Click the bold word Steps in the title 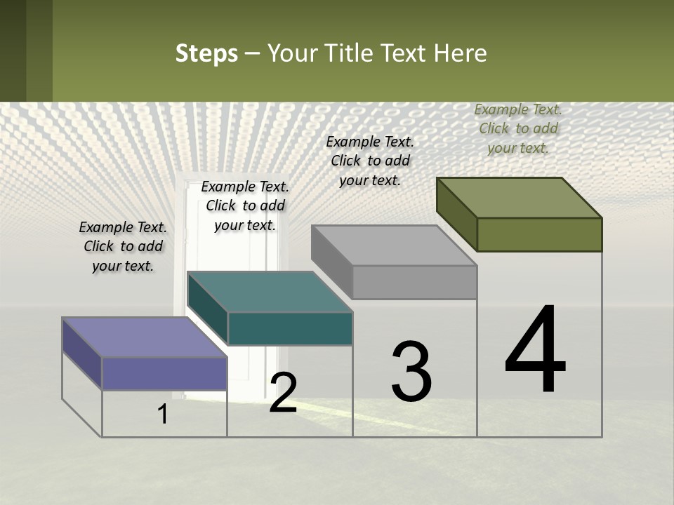206,53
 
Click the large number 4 535,351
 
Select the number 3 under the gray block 411,372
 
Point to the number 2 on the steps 283,393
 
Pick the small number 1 163,414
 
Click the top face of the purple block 144,337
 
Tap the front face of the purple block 164,373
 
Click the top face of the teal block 269,291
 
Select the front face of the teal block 290,328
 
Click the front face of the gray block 414,282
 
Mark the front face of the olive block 539,234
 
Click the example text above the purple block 123,246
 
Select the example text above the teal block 245,206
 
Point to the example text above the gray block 370,161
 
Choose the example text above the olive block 518,128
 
